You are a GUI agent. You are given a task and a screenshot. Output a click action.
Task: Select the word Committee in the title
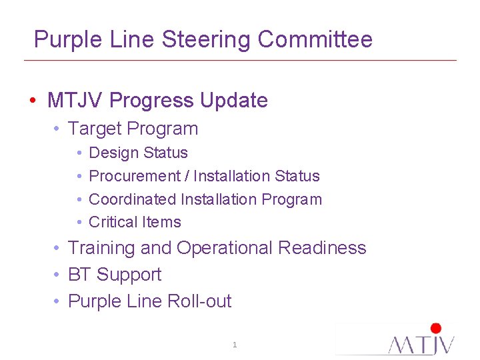[x=315, y=40]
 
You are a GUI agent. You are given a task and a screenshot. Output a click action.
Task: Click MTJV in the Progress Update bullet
[x=75, y=101]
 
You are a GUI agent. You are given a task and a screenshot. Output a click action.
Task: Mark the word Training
[x=101, y=248]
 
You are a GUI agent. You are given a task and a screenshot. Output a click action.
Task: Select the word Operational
[x=225, y=248]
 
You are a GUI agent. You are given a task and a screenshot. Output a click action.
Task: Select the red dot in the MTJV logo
[x=436, y=328]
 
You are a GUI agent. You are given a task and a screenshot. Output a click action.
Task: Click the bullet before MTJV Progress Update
[x=33, y=101]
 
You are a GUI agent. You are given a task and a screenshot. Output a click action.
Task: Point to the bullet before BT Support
[x=59, y=275]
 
